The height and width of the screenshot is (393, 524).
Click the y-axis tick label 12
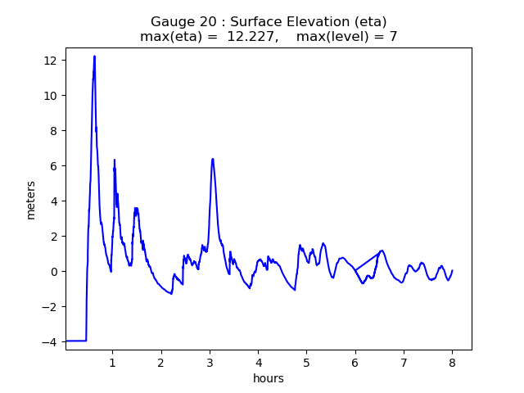50,61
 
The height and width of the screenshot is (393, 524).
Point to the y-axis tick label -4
50,341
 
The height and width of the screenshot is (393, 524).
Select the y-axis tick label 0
53,272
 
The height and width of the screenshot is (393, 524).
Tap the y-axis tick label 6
53,166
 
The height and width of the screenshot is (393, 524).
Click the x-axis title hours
269,378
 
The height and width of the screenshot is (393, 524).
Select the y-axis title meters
31,200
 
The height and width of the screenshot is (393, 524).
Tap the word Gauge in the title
169,22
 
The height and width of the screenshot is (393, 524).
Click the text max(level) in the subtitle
332,37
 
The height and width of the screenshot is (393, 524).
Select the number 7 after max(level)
393,37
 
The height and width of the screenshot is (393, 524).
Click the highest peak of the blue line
94,56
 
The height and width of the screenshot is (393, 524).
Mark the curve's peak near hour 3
212,159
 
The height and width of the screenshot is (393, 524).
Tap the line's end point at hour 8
452,271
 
